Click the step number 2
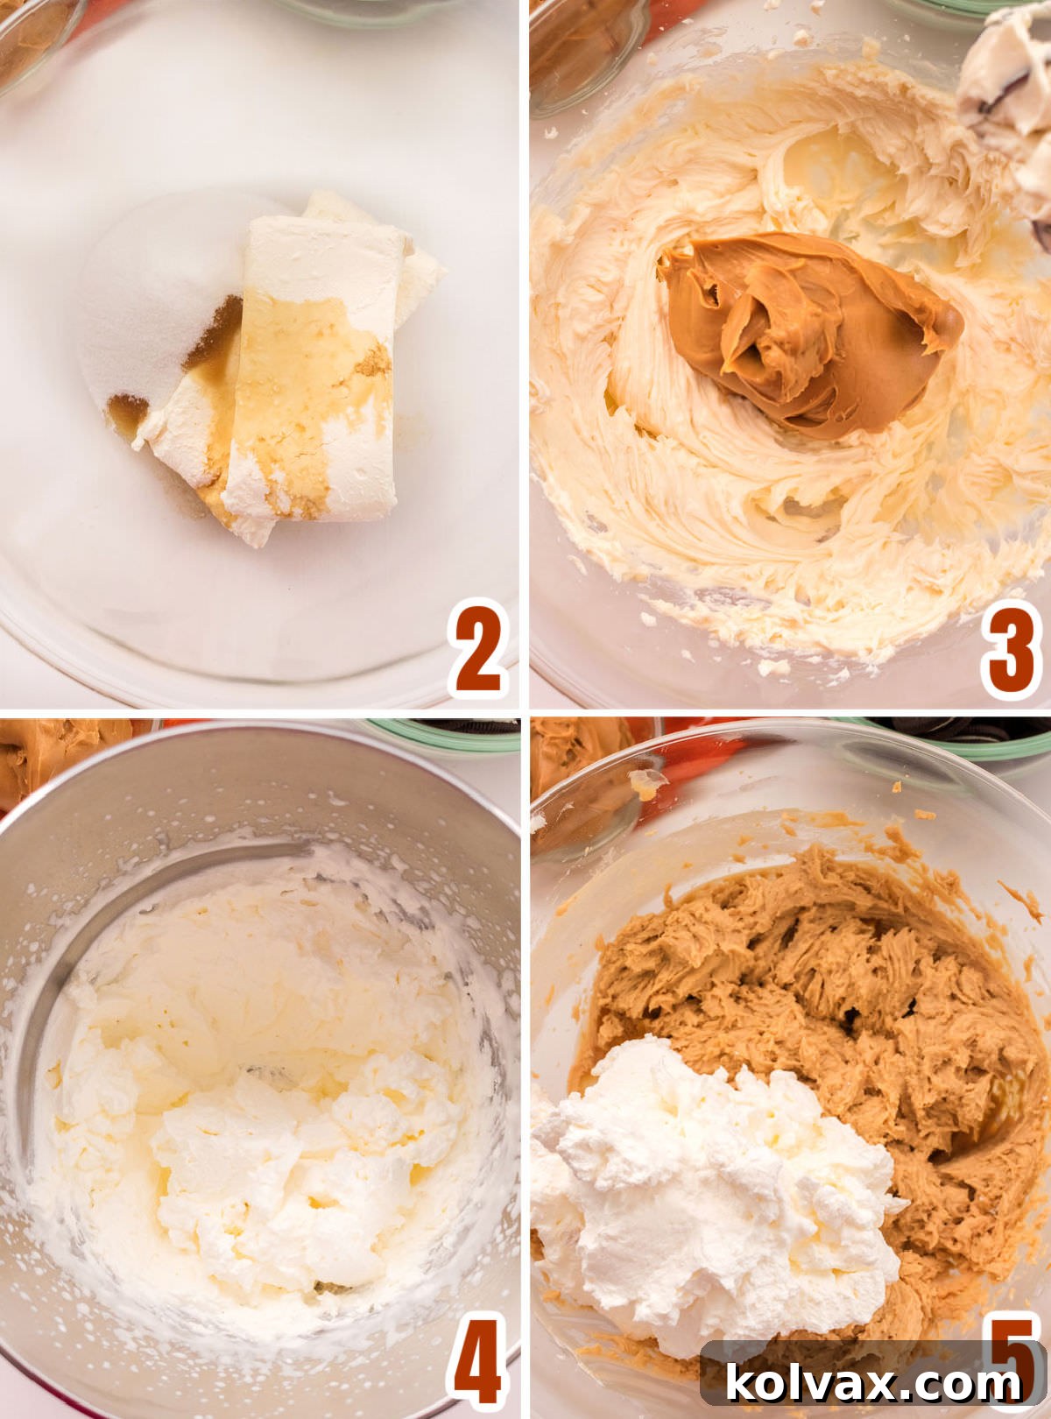tap(479, 647)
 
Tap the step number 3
tap(1010, 647)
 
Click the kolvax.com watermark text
tap(873, 1383)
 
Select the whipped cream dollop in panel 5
tap(709, 1191)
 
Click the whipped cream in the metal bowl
tap(263, 1095)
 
